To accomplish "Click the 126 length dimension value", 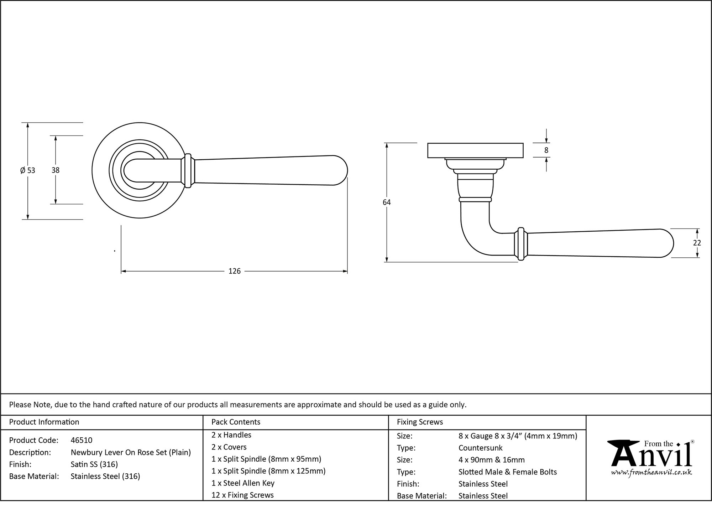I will tap(234, 271).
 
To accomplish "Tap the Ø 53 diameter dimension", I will tap(28, 170).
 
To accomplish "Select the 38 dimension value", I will tap(55, 170).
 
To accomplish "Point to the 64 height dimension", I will tap(387, 202).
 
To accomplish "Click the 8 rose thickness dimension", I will tap(546, 150).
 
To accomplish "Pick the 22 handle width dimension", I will tap(697, 243).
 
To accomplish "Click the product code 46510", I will tap(82, 440).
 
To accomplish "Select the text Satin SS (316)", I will tap(94, 464).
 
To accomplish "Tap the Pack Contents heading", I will tap(236, 422).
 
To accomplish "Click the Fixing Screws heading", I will tap(420, 422).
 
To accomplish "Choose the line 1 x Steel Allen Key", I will tap(243, 483).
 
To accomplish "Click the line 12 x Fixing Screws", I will tap(242, 495).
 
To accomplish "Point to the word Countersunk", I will tap(480, 448).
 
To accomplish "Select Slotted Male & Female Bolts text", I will tap(507, 472).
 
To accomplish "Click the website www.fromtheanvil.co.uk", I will tap(651, 473).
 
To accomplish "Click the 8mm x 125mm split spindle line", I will tap(268, 471).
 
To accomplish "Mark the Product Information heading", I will tap(44, 422).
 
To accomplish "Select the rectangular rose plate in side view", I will tap(475, 150).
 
